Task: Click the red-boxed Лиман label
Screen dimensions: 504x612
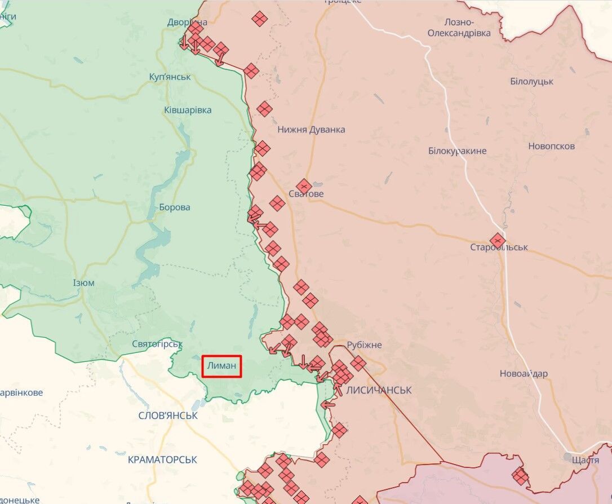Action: pos(222,366)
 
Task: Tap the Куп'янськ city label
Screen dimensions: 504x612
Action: pos(170,77)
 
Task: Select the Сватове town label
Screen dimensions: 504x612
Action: pos(305,194)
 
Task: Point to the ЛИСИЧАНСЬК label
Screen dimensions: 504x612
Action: pos(379,390)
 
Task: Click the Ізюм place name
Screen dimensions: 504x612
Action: pos(84,283)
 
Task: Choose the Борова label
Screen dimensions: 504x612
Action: pos(174,207)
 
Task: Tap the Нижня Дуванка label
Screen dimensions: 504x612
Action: pos(311,130)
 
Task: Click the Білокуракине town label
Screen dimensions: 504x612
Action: pos(457,151)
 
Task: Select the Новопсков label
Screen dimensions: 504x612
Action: pos(551,146)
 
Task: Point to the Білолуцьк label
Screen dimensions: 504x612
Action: pos(531,81)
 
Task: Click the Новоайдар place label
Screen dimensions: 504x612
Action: pos(524,374)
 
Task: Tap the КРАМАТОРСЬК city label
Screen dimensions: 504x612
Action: pos(162,459)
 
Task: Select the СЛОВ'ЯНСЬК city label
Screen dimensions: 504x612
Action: pos(168,415)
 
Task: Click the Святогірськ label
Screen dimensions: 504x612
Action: pos(157,344)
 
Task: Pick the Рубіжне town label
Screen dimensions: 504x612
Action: pos(364,344)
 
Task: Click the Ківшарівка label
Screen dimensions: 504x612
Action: pos(188,110)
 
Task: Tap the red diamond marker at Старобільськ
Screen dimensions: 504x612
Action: pos(497,241)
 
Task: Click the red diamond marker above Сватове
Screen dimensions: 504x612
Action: pos(304,185)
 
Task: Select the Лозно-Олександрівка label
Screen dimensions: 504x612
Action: pos(459,27)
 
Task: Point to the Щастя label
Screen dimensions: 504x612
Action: pos(585,460)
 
